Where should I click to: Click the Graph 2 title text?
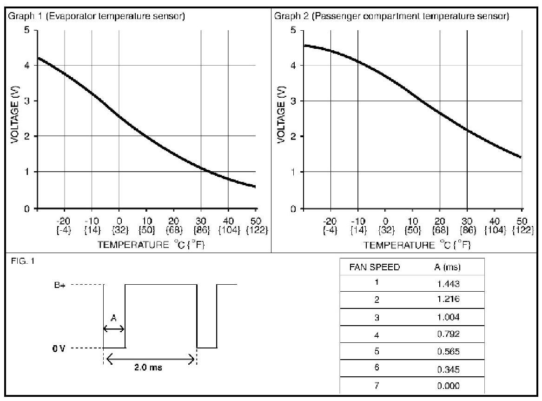pos(392,17)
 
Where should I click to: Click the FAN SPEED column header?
pos(375,267)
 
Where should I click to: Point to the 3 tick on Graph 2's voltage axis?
pos(293,101)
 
